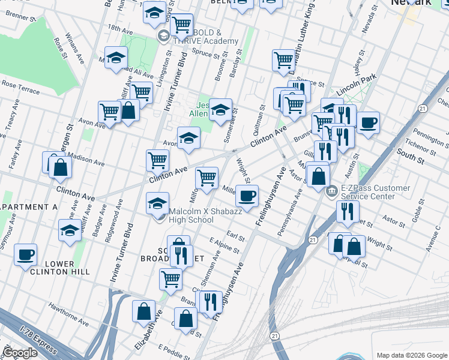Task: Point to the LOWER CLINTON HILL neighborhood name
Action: (59, 268)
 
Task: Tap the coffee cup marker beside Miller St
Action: (246, 195)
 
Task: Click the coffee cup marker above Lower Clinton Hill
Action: (25, 254)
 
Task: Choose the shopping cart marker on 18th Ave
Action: (181, 25)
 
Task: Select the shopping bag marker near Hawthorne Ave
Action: (144, 311)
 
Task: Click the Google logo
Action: (20, 353)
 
